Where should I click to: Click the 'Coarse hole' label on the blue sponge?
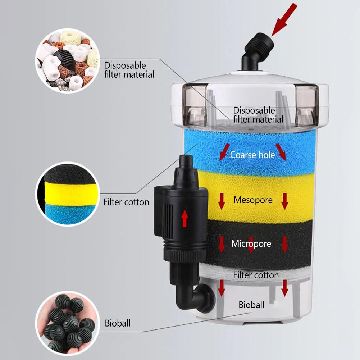pyautogui.click(x=252, y=155)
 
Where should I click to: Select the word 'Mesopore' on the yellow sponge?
pyautogui.click(x=253, y=200)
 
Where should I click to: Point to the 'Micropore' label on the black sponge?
pyautogui.click(x=251, y=244)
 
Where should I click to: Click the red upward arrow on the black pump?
pyautogui.click(x=185, y=219)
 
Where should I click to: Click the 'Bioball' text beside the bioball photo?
pyautogui.click(x=118, y=323)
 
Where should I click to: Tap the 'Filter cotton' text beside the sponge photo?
pyautogui.click(x=126, y=202)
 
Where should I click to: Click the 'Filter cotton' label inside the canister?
pyautogui.click(x=256, y=275)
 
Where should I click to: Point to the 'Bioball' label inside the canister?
pyautogui.click(x=251, y=305)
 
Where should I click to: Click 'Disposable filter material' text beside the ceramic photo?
pyautogui.click(x=129, y=70)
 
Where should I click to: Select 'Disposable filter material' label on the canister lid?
pyautogui.click(x=258, y=115)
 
